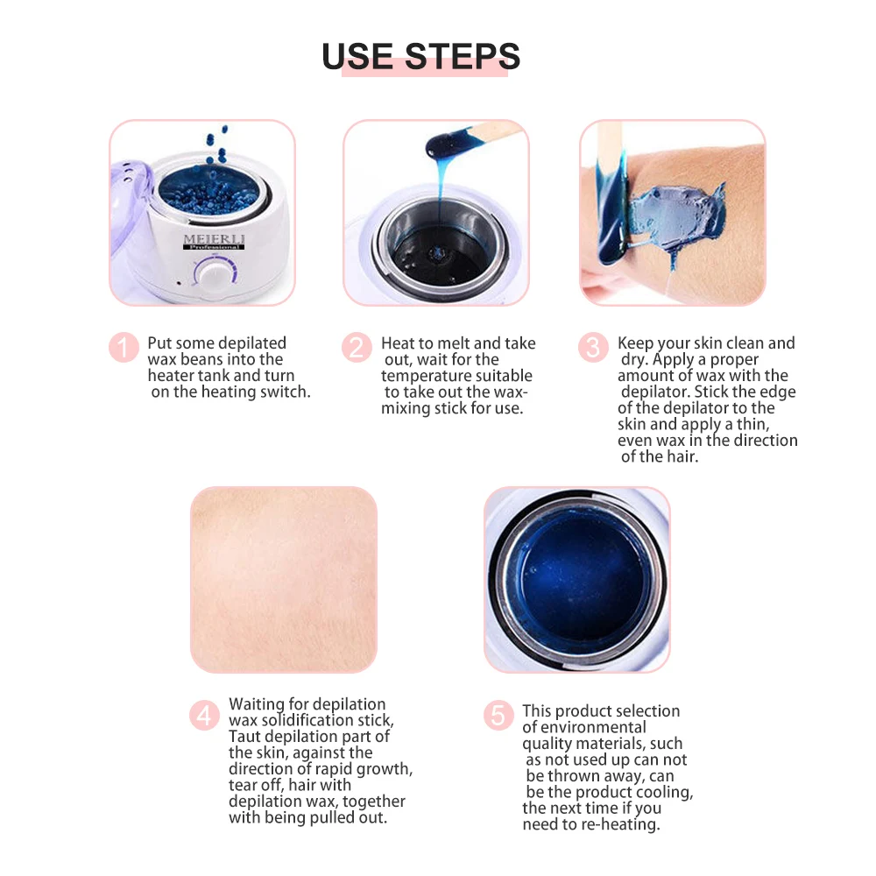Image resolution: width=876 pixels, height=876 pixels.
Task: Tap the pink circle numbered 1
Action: tap(124, 348)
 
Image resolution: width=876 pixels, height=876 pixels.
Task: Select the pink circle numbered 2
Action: tap(357, 348)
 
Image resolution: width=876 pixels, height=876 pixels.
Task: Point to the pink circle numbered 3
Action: tap(593, 348)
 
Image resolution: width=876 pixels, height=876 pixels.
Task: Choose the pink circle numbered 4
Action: tap(204, 716)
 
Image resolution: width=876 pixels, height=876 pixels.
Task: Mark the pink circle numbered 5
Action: tap(498, 716)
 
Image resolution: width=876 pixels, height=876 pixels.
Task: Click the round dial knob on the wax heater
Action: tap(213, 276)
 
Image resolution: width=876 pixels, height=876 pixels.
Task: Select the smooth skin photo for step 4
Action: tap(284, 579)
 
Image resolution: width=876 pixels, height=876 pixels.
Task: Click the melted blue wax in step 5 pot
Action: tap(577, 578)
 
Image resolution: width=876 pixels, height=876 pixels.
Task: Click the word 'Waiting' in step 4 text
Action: tap(256, 704)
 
